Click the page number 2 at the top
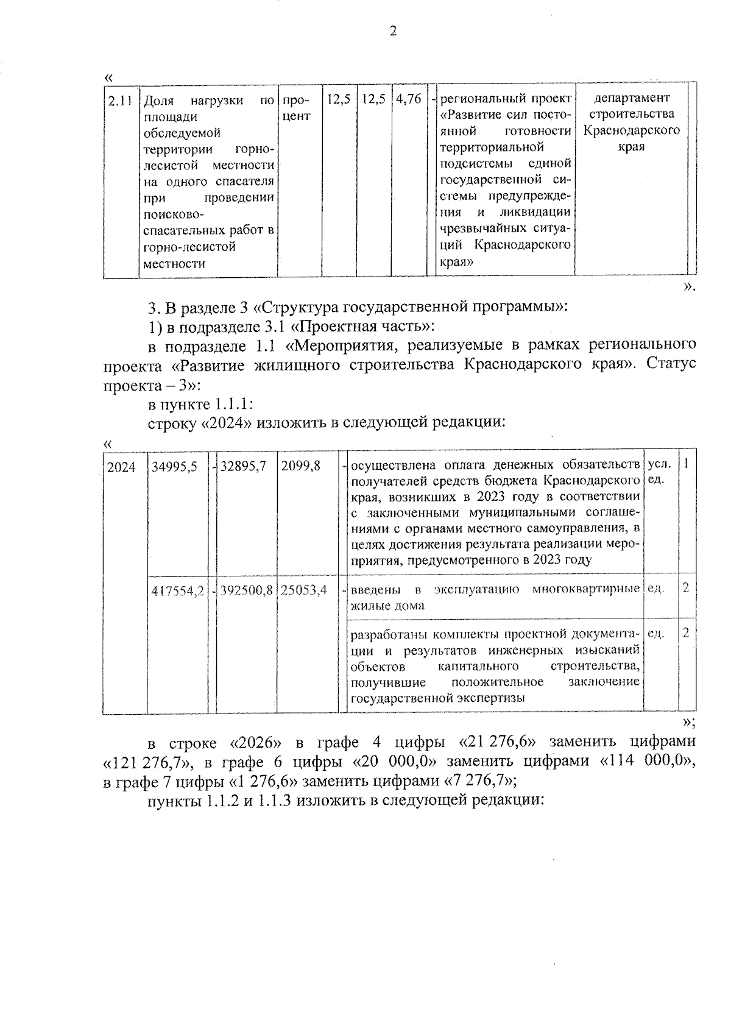point(392,31)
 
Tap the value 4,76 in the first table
point(408,98)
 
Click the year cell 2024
point(121,467)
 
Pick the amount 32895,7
point(244,467)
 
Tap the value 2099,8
point(301,467)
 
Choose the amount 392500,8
point(247,589)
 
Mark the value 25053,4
point(304,589)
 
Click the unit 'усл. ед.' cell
point(658,471)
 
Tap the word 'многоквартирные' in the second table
point(585,589)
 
